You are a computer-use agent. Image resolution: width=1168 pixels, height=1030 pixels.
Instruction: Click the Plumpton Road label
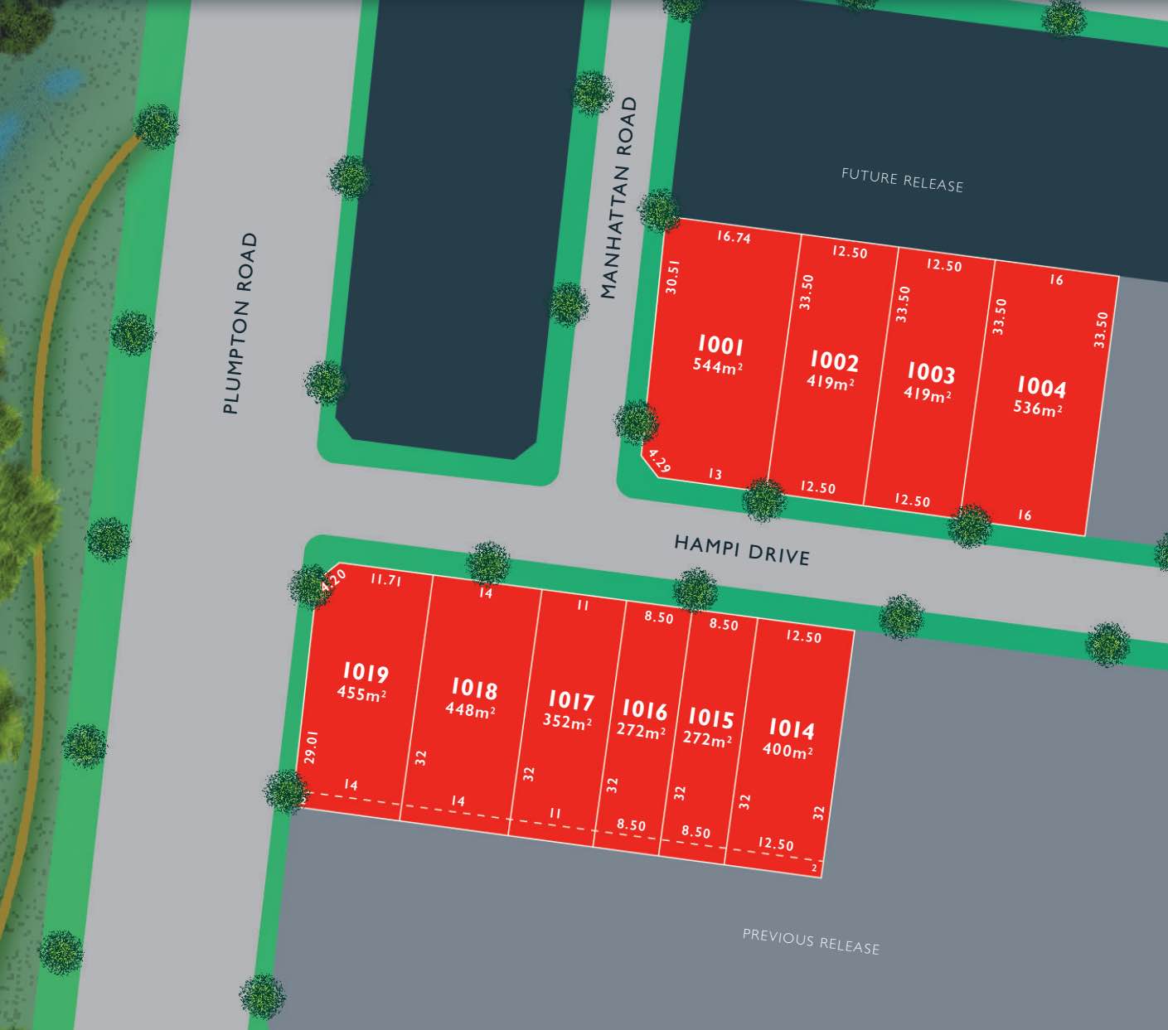tap(240, 323)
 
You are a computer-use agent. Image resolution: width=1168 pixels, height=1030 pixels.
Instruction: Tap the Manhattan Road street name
tap(619, 198)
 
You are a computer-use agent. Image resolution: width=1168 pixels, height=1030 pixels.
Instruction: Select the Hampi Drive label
tap(741, 549)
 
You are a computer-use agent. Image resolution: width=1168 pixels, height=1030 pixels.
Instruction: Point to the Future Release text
tap(902, 180)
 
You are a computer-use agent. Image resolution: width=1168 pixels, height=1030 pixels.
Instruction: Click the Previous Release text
tap(811, 941)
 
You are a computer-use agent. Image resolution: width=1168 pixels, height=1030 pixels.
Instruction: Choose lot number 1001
tap(720, 345)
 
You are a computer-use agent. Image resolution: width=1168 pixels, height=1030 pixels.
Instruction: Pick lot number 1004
tap(1041, 387)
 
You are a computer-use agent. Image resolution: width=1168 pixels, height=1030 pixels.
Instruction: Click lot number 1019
tap(365, 672)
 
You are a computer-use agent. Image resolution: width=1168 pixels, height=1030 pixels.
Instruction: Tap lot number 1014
tap(791, 728)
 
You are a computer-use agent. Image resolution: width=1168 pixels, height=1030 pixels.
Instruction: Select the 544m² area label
tap(717, 366)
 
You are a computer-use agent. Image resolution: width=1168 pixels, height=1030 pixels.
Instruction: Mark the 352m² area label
tap(567, 722)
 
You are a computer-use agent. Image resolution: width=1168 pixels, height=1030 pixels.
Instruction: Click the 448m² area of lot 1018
tap(470, 710)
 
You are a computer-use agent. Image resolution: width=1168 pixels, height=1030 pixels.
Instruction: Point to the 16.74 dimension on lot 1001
tap(734, 237)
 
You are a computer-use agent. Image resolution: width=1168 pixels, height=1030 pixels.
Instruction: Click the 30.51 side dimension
tap(672, 277)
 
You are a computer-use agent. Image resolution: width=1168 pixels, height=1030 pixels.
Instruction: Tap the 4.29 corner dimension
tap(659, 462)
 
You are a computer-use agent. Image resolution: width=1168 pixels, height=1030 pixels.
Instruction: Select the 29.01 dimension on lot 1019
tap(311, 747)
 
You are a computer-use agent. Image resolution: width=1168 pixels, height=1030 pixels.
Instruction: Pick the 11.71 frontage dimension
tap(385, 580)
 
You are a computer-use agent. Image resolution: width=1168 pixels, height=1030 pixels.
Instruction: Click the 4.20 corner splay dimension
tap(333, 578)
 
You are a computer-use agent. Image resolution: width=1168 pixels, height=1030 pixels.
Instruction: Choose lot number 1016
tap(644, 710)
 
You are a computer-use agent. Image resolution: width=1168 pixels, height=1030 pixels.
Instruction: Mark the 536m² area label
tap(1037, 409)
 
